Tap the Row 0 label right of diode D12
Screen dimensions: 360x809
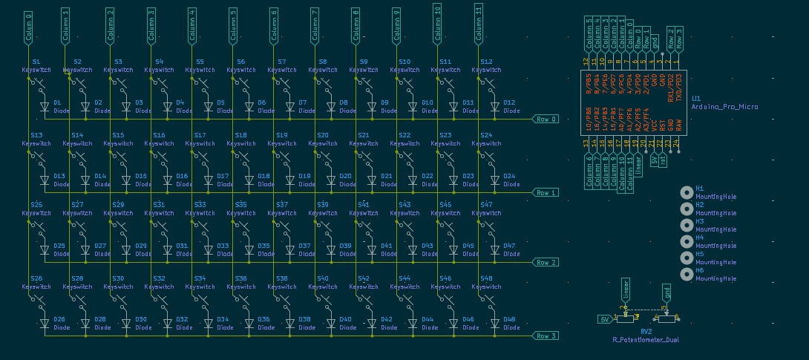[546, 119]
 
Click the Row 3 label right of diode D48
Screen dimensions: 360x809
[546, 336]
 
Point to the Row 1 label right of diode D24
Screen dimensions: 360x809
[546, 192]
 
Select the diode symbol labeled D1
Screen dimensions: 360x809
[45, 107]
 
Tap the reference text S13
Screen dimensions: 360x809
[36, 135]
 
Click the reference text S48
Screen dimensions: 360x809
[486, 278]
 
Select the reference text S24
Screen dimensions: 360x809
[486, 135]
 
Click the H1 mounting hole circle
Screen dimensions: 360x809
[687, 192]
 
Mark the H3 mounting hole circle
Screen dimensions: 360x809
[687, 225]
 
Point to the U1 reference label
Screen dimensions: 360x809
[695, 98]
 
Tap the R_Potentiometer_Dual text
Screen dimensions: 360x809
[645, 339]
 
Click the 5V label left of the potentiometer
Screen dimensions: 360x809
[606, 319]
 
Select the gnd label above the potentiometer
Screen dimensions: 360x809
[666, 294]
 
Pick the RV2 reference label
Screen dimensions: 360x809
[646, 331]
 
